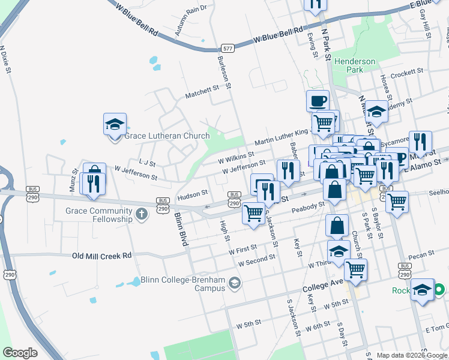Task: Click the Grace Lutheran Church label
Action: click(167, 136)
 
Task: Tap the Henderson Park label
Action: click(355, 65)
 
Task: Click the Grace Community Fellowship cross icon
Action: click(141, 214)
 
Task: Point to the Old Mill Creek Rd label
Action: click(101, 256)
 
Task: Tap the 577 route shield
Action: click(227, 48)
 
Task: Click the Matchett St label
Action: click(202, 91)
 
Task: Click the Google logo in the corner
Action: click(20, 353)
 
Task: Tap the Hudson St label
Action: click(192, 194)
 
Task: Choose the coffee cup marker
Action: click(318, 100)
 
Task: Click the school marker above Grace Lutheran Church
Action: click(115, 124)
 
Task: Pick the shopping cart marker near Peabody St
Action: click(254, 212)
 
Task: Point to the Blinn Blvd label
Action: click(181, 229)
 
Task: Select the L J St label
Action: click(147, 163)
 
